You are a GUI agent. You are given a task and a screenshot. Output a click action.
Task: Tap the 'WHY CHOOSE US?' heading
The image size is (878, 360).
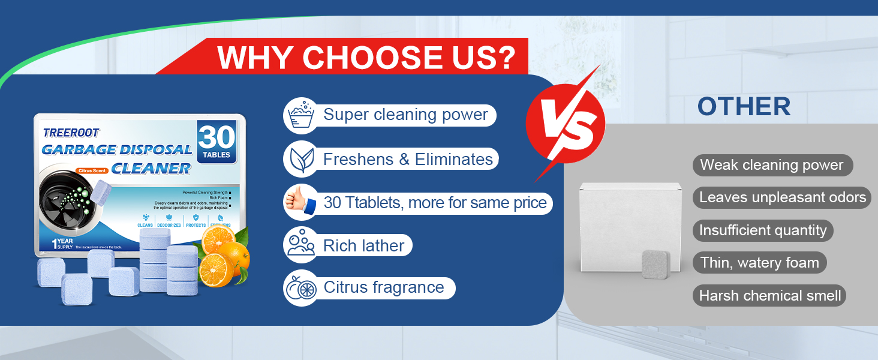tap(366, 58)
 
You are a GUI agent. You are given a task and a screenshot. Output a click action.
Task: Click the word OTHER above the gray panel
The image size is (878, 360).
tap(744, 107)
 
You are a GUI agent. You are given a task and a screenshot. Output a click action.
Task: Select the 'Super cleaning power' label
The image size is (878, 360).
tap(405, 115)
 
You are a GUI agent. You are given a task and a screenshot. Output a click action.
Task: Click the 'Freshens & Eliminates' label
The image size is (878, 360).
tap(408, 159)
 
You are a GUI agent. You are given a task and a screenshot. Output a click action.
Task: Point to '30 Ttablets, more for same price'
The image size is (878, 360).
tap(435, 203)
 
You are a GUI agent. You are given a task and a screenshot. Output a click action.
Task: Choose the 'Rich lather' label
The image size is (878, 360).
tap(363, 245)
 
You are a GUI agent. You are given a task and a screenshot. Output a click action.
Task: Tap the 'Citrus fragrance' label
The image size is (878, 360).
tap(384, 287)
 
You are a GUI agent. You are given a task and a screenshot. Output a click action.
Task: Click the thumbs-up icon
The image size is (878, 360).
tap(300, 203)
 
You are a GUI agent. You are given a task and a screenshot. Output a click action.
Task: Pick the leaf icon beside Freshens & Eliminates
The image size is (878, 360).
tap(300, 159)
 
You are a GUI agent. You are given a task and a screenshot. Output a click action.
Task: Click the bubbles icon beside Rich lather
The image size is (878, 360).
tap(300, 244)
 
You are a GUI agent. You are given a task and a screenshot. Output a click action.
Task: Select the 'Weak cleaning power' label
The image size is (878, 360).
tap(772, 165)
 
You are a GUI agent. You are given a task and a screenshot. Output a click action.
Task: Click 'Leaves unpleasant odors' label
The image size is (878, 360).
tap(783, 197)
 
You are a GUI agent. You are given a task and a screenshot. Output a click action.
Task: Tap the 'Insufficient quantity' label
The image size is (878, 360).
tap(763, 230)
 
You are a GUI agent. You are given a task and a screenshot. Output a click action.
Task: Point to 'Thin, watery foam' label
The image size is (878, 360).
tap(759, 263)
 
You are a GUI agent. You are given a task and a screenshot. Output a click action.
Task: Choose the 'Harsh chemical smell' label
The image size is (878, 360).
tap(770, 296)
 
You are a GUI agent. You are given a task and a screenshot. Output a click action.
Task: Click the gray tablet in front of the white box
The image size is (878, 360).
tap(656, 264)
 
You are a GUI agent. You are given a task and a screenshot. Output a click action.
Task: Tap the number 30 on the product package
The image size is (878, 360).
tap(217, 137)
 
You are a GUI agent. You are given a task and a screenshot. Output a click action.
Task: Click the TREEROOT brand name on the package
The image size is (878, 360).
tap(71, 133)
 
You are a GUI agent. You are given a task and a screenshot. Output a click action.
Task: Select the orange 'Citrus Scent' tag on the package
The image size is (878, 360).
tap(92, 170)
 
